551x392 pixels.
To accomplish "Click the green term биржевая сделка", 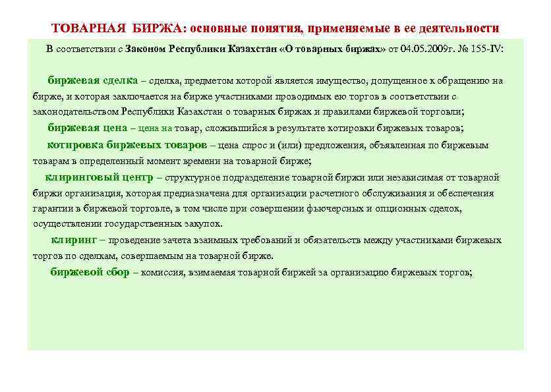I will (x=92, y=80).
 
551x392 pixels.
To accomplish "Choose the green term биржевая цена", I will (x=87, y=128).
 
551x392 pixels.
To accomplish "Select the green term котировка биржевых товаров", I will (x=127, y=144).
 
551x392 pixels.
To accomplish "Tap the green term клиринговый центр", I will (x=99, y=177).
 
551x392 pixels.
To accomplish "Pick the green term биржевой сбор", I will (x=90, y=272).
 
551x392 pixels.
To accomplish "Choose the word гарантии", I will (x=53, y=209).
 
